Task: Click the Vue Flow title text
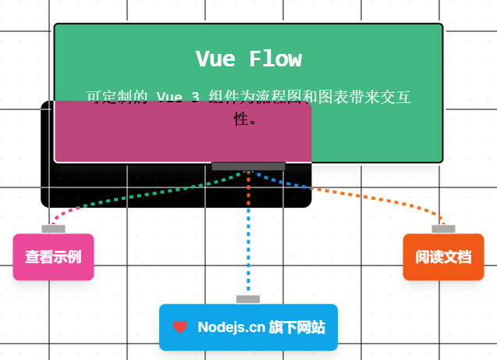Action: pyautogui.click(x=248, y=59)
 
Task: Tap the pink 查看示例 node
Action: pyautogui.click(x=53, y=257)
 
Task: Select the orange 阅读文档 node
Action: pyautogui.click(x=443, y=257)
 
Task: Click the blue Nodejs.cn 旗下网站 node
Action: pyautogui.click(x=248, y=327)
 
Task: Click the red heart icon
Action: pyautogui.click(x=179, y=327)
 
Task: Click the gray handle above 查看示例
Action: pyautogui.click(x=53, y=229)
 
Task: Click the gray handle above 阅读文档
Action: pyautogui.click(x=443, y=229)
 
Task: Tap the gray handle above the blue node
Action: pyautogui.click(x=248, y=299)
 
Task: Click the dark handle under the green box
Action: pyautogui.click(x=248, y=166)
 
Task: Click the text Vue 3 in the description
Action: pyautogui.click(x=178, y=98)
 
